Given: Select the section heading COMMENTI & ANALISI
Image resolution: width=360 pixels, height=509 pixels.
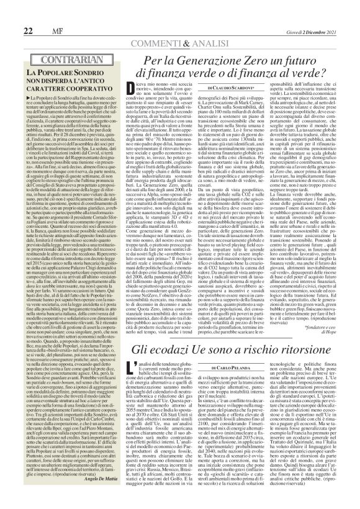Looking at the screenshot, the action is pyautogui.click(x=180, y=27).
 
